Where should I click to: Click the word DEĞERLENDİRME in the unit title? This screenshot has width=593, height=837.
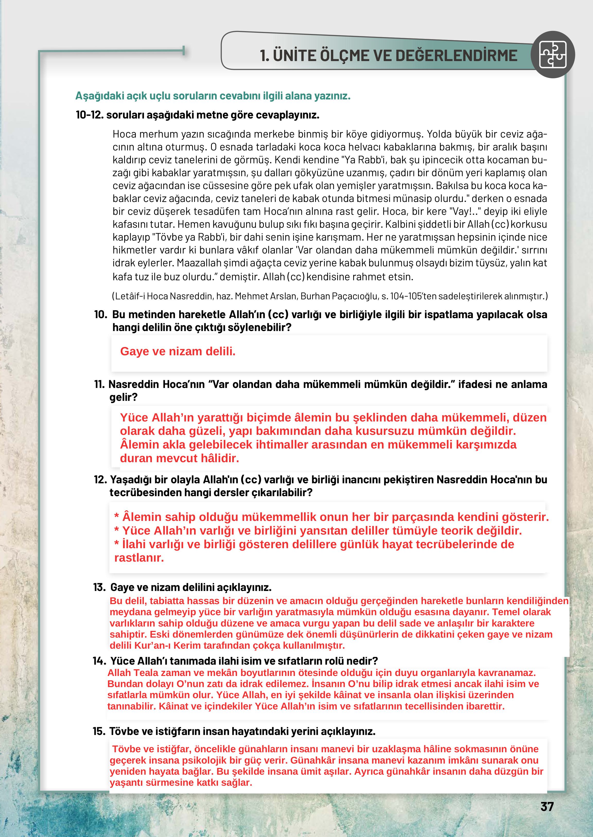pyautogui.click(x=456, y=56)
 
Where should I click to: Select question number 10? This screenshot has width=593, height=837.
pyautogui.click(x=100, y=314)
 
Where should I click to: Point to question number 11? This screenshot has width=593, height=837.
pyautogui.click(x=99, y=384)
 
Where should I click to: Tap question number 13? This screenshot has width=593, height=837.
pyautogui.click(x=99, y=587)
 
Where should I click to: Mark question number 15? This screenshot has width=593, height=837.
pyautogui.click(x=99, y=731)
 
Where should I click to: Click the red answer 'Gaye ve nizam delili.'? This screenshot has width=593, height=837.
pyautogui.click(x=178, y=351)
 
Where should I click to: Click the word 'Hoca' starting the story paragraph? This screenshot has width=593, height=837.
pyautogui.click(x=124, y=134)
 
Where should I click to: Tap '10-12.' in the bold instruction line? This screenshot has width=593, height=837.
pyautogui.click(x=90, y=115)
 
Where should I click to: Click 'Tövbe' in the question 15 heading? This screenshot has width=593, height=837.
pyautogui.click(x=124, y=731)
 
